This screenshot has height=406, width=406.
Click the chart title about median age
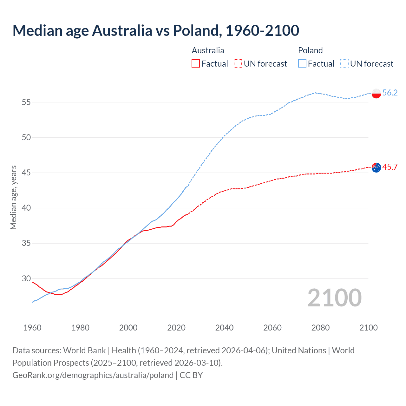coord(156,30)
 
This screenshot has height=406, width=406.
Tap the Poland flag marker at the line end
coord(376,94)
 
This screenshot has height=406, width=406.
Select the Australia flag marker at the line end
coord(376,167)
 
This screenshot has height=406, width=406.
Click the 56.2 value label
coord(390,93)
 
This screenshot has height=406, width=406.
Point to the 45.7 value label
coord(390,167)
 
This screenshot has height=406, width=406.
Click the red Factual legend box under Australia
coord(196,63)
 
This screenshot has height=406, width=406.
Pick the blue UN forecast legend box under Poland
coord(344,63)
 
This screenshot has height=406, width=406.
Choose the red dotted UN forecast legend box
coord(238,63)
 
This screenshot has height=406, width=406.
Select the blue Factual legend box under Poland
coord(302,63)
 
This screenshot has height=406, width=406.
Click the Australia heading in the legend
coord(208,50)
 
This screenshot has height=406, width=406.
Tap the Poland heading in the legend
coord(310,50)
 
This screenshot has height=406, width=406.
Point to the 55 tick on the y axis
coord(26,102)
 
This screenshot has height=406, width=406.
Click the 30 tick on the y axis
coord(26,278)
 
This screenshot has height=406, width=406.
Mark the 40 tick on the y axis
coord(26,208)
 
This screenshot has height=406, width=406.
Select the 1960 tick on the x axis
coord(32,328)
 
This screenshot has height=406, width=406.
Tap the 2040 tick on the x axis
coord(224,328)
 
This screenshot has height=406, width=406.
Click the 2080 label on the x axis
coord(320,328)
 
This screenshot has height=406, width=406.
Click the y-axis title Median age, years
coord(13,197)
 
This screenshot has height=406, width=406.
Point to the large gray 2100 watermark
coord(334,298)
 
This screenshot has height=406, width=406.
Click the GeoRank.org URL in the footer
coord(93,375)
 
